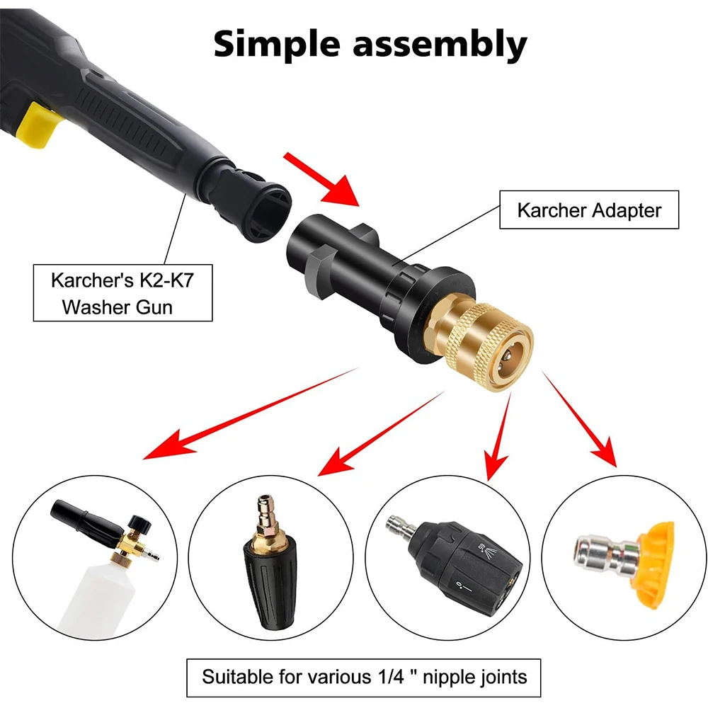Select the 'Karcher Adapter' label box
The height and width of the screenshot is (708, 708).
589,210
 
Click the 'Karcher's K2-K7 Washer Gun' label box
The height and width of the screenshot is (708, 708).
122,292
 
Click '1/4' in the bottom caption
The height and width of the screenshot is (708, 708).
379,676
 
